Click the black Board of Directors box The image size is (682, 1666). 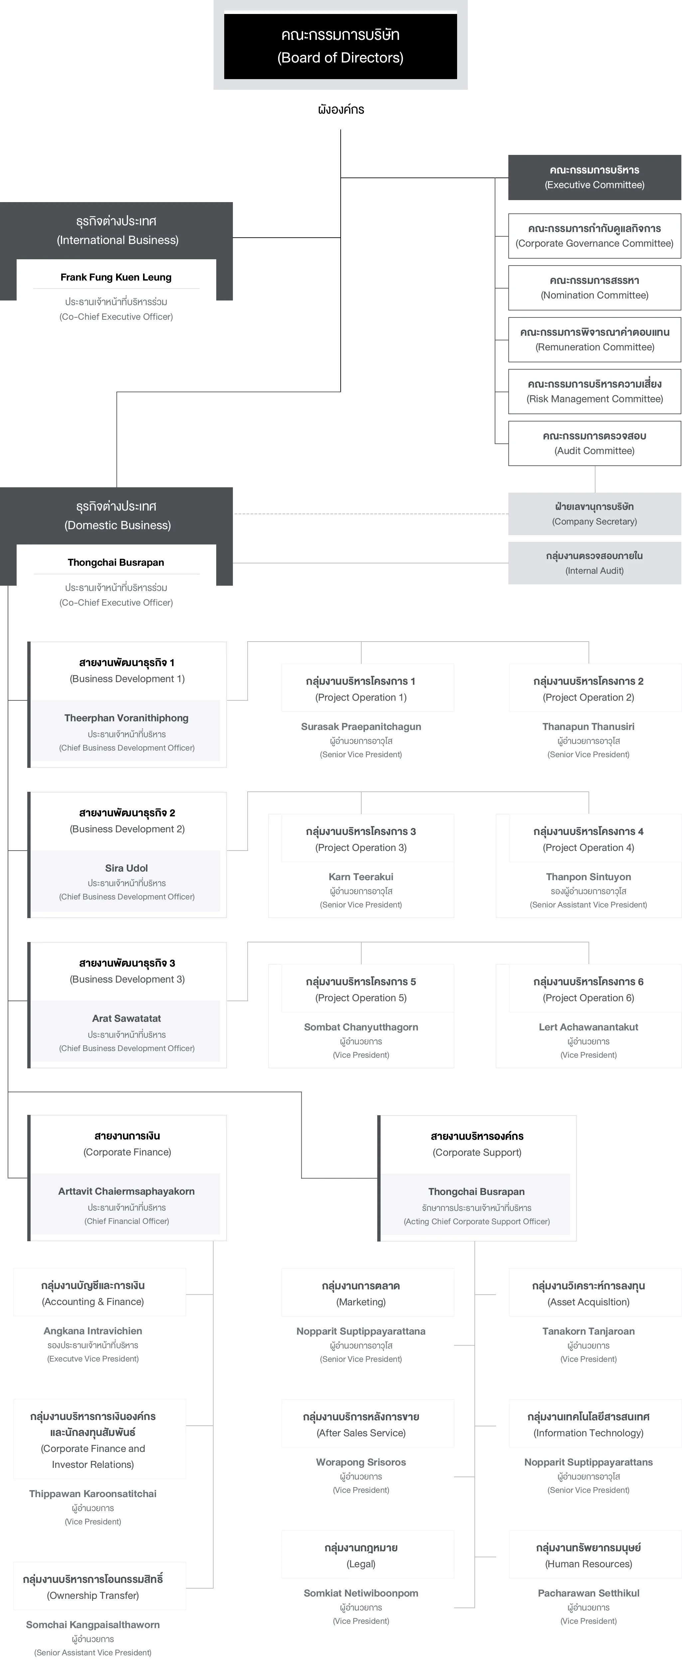pyautogui.click(x=340, y=46)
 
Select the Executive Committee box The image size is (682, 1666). pyautogui.click(x=595, y=177)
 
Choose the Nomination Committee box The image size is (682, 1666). pyautogui.click(x=595, y=288)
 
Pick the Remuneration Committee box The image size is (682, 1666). pyautogui.click(x=595, y=339)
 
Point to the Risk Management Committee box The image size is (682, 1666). pyautogui.click(x=595, y=391)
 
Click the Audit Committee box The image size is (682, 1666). pyautogui.click(x=595, y=443)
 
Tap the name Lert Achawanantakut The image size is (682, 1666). pyautogui.click(x=588, y=1027)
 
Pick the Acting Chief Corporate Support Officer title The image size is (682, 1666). pyautogui.click(x=477, y=1222)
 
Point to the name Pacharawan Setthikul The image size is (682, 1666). pyautogui.click(x=588, y=1593)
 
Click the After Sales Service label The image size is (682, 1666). pyautogui.click(x=361, y=1433)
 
